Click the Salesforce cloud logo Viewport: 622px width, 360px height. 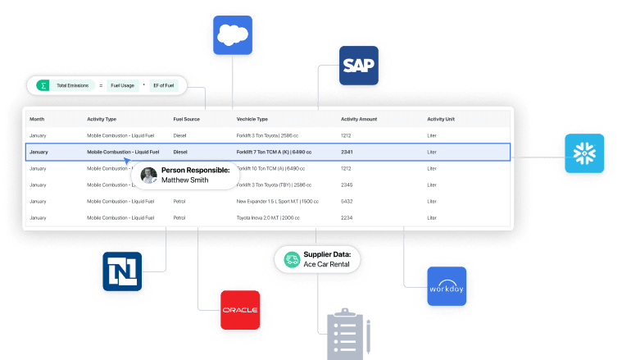coord(233,35)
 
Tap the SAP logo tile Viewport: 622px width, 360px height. coord(358,66)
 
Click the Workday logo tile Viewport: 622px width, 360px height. coord(446,286)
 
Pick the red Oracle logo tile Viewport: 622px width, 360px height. coord(239,309)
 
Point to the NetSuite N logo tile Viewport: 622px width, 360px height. coord(122,272)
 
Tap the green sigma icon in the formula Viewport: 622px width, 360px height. coord(43,84)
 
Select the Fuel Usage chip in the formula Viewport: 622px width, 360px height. coord(124,84)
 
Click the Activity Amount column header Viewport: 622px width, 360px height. coord(359,119)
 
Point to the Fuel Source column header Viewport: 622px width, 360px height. coord(186,119)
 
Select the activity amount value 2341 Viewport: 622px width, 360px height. coord(347,152)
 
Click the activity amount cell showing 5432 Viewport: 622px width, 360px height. coord(347,201)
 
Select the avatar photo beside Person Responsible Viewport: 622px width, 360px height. coord(148,175)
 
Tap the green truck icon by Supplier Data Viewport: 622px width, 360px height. coord(292,259)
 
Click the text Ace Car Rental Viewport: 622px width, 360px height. coord(327,264)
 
